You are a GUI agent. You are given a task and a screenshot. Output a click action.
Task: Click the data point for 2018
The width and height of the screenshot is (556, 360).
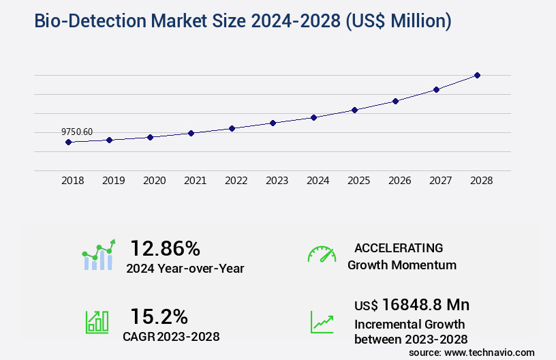(x=68, y=142)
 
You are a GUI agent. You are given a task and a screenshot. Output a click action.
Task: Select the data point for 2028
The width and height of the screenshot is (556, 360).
(x=477, y=75)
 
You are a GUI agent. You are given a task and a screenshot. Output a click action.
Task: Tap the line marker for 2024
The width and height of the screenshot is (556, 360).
(x=313, y=117)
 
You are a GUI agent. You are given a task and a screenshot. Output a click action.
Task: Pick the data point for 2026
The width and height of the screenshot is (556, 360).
(x=395, y=101)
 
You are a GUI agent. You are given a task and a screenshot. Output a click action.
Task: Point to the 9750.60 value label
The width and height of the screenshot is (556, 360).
(x=77, y=132)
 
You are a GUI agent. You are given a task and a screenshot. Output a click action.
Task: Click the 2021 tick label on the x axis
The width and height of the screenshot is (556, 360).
(x=195, y=181)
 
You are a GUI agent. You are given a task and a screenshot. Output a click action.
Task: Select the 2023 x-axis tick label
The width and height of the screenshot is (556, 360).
(x=277, y=181)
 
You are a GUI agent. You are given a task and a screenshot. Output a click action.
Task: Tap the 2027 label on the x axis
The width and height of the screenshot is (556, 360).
(x=440, y=181)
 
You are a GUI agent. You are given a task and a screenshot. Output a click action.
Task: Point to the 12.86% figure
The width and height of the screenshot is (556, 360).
(x=165, y=248)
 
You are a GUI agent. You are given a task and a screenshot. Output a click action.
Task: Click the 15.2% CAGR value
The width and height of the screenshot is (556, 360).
(x=159, y=316)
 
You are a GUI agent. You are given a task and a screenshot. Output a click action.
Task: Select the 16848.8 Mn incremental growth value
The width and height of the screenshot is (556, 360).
(x=426, y=305)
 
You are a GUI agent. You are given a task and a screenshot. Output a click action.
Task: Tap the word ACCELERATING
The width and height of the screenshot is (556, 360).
(x=399, y=247)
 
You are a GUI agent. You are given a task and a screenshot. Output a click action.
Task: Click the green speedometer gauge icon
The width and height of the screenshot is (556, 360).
(x=322, y=254)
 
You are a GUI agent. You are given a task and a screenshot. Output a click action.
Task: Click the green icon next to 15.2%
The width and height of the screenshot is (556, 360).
(x=97, y=322)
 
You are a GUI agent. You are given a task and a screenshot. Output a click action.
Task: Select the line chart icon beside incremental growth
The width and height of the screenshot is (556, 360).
(x=322, y=322)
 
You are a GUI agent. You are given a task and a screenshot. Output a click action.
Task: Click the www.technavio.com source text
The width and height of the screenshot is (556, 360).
(x=489, y=352)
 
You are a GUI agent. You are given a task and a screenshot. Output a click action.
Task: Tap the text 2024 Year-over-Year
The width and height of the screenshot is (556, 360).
(x=185, y=268)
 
